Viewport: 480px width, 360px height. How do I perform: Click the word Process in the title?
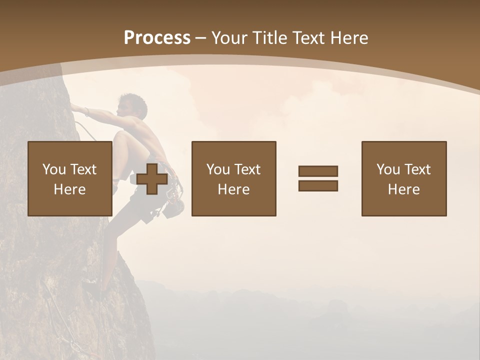[x=157, y=38]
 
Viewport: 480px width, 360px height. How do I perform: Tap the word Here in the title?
[x=349, y=38]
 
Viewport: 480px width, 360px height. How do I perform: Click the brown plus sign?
[x=152, y=178]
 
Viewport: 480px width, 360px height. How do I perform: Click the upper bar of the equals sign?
[x=318, y=171]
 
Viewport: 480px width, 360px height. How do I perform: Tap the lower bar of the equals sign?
[x=318, y=185]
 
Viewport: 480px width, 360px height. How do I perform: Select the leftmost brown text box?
[x=69, y=178]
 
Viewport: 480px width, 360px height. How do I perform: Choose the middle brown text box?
[x=233, y=178]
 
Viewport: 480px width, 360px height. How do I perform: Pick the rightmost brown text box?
[x=403, y=178]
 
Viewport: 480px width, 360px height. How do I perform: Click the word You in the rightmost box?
[x=387, y=169]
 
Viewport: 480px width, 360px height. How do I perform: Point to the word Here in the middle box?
[x=233, y=189]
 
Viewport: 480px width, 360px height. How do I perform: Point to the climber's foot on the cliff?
[x=92, y=287]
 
